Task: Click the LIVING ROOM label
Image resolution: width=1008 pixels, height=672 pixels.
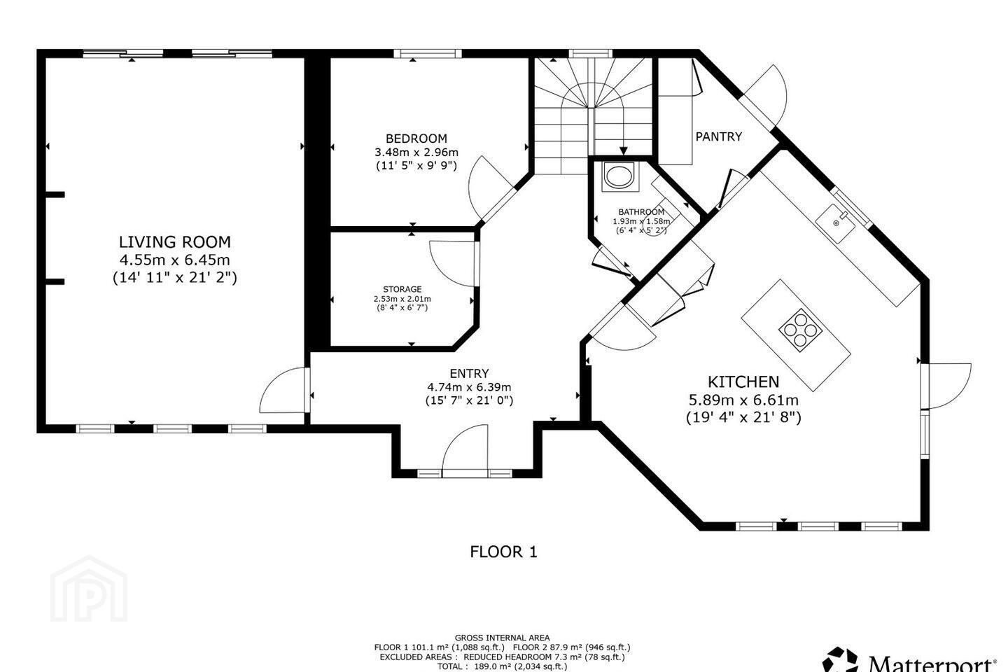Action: [x=174, y=242]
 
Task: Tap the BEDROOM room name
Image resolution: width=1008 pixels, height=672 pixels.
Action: [x=416, y=138]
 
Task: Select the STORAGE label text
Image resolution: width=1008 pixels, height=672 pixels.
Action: [x=402, y=289]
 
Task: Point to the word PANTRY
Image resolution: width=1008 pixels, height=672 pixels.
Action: [x=719, y=136]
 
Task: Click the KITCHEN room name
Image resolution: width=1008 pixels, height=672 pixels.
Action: [x=743, y=381]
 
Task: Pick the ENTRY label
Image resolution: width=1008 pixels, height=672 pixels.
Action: [x=469, y=373]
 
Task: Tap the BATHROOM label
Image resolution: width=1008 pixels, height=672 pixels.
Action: [x=641, y=211]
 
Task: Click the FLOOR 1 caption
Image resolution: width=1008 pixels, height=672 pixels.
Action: [x=503, y=552]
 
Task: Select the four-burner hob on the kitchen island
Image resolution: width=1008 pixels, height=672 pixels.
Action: [x=801, y=330]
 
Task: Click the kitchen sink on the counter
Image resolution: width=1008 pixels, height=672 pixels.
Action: [x=835, y=224]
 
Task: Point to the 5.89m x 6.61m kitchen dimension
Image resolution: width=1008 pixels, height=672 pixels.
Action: [x=743, y=400]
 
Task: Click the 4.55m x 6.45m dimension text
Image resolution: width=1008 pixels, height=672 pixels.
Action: [x=174, y=260]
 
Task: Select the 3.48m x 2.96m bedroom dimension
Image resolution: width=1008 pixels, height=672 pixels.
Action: [x=416, y=152]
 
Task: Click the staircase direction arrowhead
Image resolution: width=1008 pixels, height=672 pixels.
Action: [x=623, y=150]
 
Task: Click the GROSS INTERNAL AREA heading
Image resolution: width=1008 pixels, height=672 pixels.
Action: [x=502, y=637]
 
